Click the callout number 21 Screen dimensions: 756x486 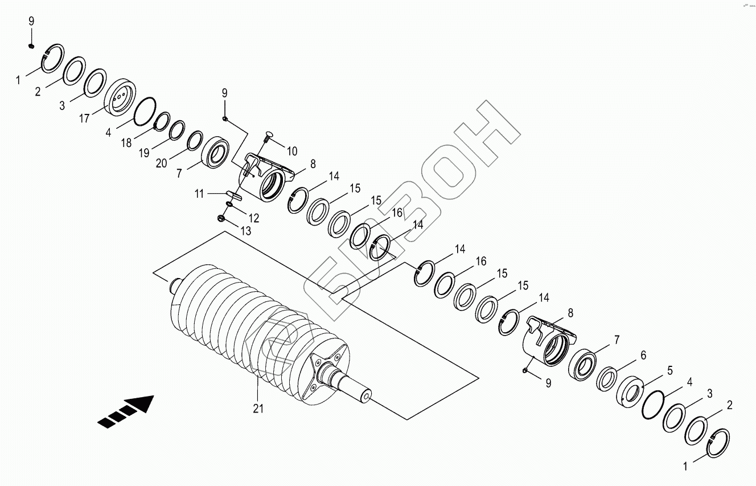click(x=258, y=408)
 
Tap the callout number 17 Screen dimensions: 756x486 click(x=85, y=119)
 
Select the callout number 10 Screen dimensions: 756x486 click(x=291, y=152)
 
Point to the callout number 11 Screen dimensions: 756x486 click(x=199, y=194)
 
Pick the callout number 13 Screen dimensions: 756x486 click(x=245, y=231)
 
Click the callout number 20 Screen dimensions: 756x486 click(x=161, y=163)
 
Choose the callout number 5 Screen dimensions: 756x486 click(x=670, y=370)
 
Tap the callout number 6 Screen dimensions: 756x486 click(x=643, y=355)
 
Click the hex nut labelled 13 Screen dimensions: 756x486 click(x=221, y=217)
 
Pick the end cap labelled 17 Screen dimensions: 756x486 click(x=120, y=98)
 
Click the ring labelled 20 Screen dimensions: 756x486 click(x=195, y=140)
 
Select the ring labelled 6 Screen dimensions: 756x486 click(x=607, y=378)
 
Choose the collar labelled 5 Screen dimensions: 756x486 click(x=631, y=393)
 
